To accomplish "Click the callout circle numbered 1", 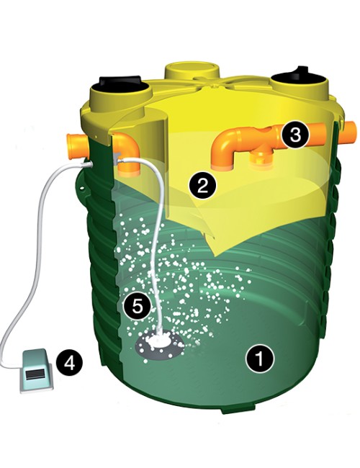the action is coord(259,359).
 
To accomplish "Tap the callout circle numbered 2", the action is coord(203,186).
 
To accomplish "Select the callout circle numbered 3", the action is coord(295,135).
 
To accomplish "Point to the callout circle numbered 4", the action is coord(69,364).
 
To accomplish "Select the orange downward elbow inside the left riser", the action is coord(127,154).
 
